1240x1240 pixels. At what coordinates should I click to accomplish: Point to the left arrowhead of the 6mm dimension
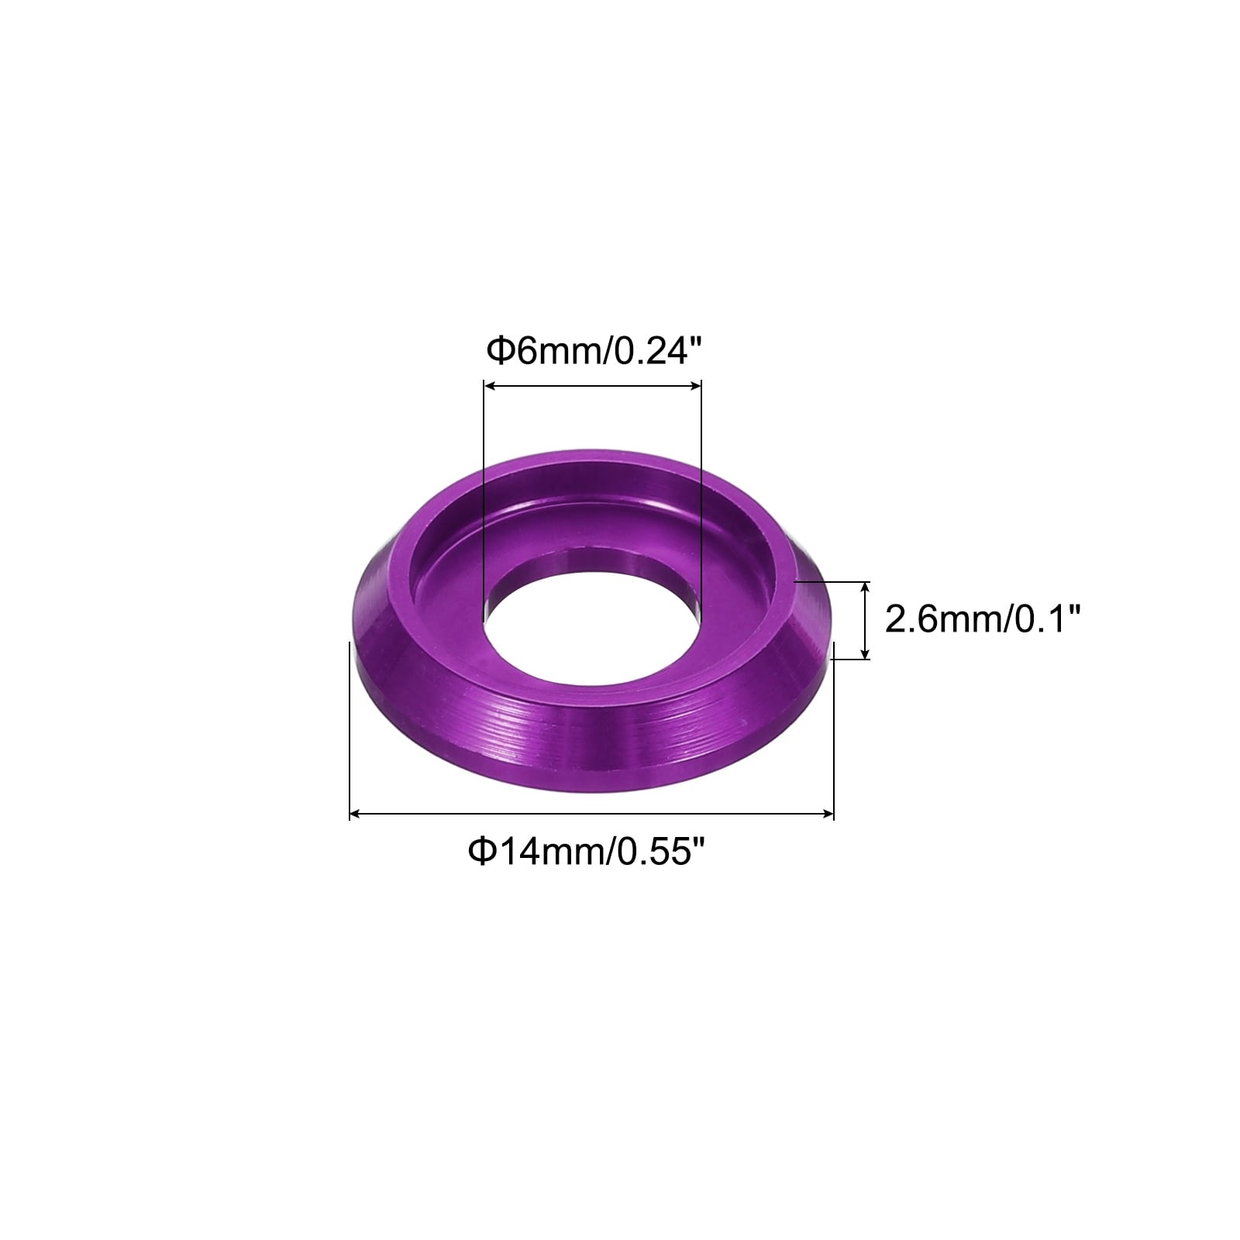coord(490,385)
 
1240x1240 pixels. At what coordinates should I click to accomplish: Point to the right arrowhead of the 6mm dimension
coord(695,385)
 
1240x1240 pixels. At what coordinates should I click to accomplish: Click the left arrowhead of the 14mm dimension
coord(356,813)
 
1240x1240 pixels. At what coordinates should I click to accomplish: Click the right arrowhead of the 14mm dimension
coord(827,813)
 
